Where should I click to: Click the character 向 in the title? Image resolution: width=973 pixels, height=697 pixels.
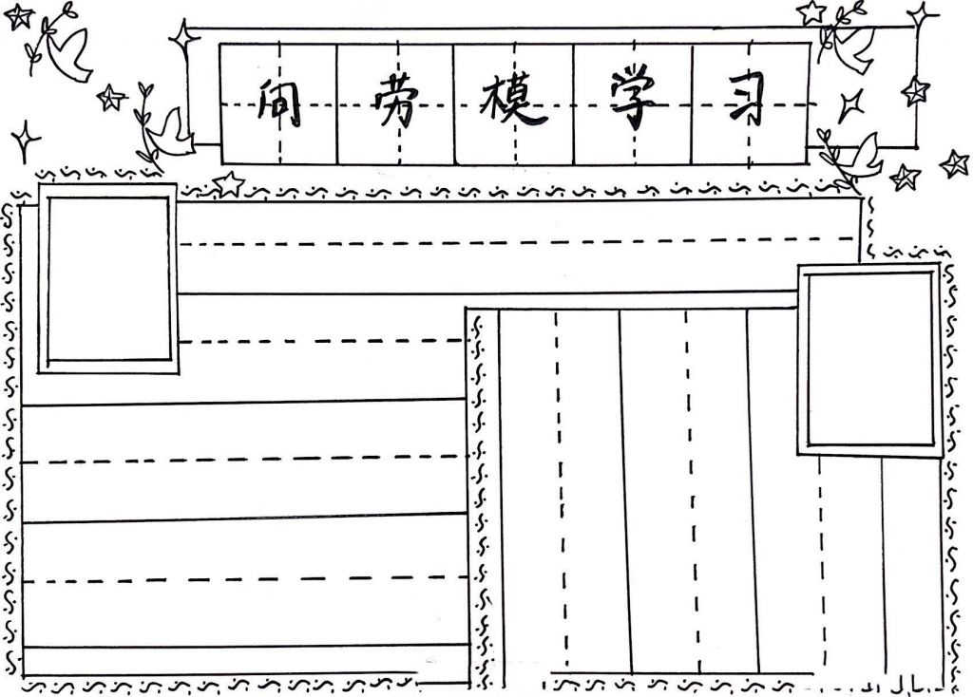click(277, 104)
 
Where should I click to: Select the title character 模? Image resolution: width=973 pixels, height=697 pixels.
click(514, 103)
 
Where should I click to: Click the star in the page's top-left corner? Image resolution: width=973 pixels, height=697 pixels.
click(18, 16)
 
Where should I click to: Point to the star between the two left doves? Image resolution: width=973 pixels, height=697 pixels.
click(112, 97)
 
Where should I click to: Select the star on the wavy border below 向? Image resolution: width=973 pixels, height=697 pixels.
click(229, 182)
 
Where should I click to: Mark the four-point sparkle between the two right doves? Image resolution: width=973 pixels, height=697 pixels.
click(850, 104)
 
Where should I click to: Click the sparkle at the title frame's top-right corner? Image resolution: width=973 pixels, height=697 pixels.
click(920, 15)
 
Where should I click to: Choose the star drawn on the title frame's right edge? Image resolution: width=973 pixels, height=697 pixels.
click(915, 91)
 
